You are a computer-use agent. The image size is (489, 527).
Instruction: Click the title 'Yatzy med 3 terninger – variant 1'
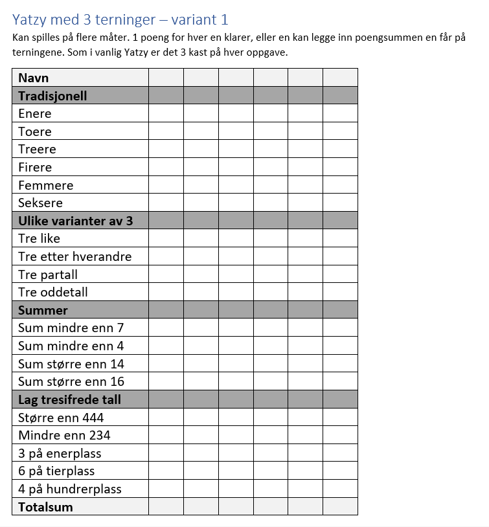pos(120,20)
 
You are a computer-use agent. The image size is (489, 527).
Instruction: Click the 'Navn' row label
pos(34,78)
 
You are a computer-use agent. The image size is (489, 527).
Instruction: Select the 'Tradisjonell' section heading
pos(52,96)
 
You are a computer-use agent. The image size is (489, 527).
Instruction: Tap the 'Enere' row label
pos(35,114)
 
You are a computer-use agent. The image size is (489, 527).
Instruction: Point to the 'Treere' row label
pos(37,150)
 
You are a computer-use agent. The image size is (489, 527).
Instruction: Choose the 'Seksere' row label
pos(40,203)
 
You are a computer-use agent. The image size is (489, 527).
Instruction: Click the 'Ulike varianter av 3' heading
pos(75,221)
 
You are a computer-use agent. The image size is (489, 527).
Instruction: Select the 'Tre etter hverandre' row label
pos(74,256)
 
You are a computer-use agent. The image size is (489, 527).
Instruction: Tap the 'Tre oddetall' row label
pos(53,292)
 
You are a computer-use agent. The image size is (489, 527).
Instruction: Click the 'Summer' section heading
pos(43,310)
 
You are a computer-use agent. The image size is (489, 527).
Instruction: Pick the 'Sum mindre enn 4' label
pos(71,346)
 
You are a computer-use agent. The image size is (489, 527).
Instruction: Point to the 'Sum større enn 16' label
pos(71,381)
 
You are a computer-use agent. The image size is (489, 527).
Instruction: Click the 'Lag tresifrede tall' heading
pos(69,399)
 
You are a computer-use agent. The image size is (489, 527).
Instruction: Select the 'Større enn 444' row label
pos(61,418)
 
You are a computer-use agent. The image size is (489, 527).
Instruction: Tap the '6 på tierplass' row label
pos(56,471)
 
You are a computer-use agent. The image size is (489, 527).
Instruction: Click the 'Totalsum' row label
pos(45,507)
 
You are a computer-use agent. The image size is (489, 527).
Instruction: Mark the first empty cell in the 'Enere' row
pos(166,114)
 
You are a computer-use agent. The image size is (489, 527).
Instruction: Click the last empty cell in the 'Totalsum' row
pos(340,507)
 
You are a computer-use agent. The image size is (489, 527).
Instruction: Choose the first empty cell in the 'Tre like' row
pos(166,239)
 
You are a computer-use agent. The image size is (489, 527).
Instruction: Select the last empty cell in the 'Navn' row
pos(340,78)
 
